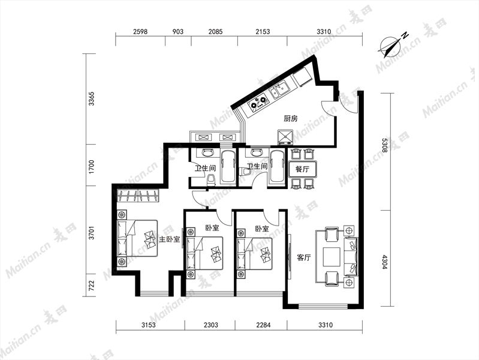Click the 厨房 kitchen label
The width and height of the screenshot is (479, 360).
click(x=291, y=118)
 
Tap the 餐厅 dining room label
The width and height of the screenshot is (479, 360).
click(x=302, y=169)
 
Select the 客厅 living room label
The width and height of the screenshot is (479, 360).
click(x=304, y=257)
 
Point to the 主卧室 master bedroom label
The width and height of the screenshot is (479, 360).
click(x=169, y=239)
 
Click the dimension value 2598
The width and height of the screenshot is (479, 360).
click(x=140, y=32)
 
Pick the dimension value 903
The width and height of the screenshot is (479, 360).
click(x=178, y=32)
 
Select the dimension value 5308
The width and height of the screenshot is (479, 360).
click(x=385, y=146)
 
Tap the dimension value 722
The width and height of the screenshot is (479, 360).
click(x=91, y=286)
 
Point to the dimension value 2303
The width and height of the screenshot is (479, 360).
click(x=211, y=325)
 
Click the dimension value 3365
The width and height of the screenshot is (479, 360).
click(x=91, y=98)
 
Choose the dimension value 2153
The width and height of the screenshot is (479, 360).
click(x=263, y=32)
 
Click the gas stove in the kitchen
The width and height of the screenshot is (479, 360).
click(x=259, y=103)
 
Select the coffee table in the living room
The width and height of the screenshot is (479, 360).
click(x=332, y=257)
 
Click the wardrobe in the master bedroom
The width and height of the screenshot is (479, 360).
click(x=138, y=196)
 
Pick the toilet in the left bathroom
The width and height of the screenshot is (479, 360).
click(x=211, y=179)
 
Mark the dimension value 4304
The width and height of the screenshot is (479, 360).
click(x=385, y=262)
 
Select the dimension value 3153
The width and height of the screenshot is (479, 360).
click(x=149, y=325)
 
